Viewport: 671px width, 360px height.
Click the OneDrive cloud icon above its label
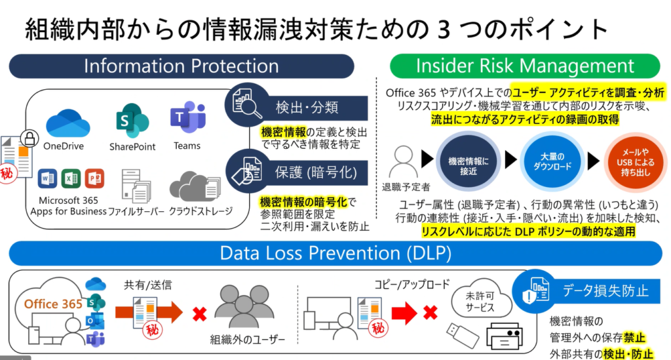click(x=67, y=123)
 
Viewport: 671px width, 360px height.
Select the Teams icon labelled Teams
click(x=188, y=117)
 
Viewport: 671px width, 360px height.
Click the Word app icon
click(x=47, y=178)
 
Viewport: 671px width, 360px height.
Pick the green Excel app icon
click(x=71, y=178)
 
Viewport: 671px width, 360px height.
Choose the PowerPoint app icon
click(x=94, y=178)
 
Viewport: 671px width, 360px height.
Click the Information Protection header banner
click(x=182, y=66)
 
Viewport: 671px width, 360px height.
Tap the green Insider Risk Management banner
click(x=525, y=66)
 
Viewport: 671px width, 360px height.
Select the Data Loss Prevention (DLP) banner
click(x=335, y=253)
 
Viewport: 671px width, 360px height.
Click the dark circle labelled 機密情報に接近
click(x=468, y=161)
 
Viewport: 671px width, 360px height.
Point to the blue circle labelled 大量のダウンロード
click(x=552, y=161)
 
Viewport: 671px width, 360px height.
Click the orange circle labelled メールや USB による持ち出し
click(x=636, y=162)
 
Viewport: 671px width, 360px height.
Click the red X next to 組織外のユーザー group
click(x=199, y=314)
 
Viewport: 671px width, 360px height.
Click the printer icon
click(x=505, y=336)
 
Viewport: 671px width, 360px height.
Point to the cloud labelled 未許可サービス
click(x=481, y=299)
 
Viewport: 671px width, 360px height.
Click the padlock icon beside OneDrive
click(x=29, y=138)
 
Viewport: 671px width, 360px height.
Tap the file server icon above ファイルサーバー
click(x=136, y=186)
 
